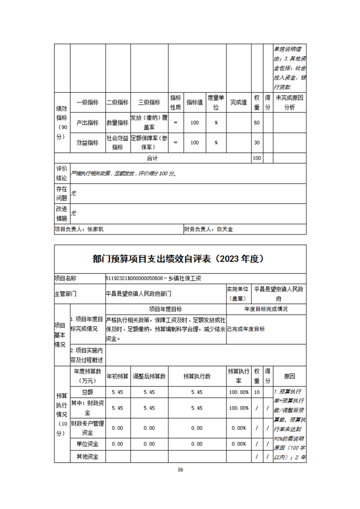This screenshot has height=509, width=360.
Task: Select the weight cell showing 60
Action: [x=256, y=123]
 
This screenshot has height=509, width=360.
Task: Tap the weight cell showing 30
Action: [x=256, y=142]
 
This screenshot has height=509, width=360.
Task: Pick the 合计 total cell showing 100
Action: [x=256, y=158]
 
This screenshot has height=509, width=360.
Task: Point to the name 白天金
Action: [x=224, y=230]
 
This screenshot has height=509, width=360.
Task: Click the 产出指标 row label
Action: [x=87, y=123]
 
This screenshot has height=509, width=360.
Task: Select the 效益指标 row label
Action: [x=87, y=142]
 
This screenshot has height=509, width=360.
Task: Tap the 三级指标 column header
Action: [x=149, y=103]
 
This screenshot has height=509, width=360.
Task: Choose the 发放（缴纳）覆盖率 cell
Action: [x=149, y=123]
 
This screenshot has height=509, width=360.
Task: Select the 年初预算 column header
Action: [x=118, y=377]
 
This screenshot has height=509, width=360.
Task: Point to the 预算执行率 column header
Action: [x=238, y=377]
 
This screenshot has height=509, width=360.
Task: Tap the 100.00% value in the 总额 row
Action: [x=238, y=392]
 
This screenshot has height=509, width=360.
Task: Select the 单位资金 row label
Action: [x=87, y=444]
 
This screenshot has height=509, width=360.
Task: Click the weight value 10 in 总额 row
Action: [x=256, y=392]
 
